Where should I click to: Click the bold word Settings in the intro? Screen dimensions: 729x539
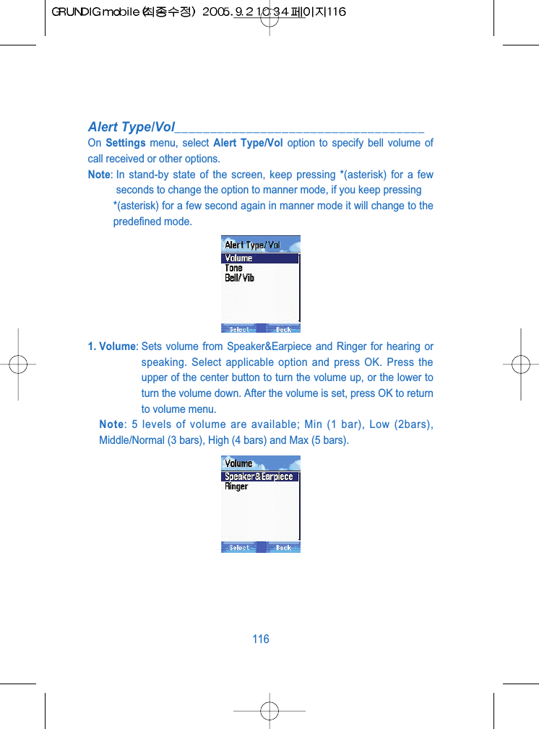pyautogui.click(x=126, y=143)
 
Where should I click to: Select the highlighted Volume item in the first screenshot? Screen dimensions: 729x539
pyautogui.click(x=239, y=258)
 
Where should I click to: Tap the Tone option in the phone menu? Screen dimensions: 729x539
pyautogui.click(x=234, y=268)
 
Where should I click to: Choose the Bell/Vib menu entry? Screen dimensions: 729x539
pyautogui.click(x=240, y=278)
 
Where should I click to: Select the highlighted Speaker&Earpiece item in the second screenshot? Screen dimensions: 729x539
pyautogui.click(x=259, y=476)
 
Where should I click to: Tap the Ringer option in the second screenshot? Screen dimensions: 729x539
pyautogui.click(x=236, y=486)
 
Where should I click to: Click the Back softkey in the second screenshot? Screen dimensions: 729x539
pyautogui.click(x=283, y=548)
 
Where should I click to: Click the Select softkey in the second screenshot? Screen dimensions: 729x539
pyautogui.click(x=239, y=548)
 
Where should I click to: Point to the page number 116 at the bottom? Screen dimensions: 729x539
pyautogui.click(x=261, y=639)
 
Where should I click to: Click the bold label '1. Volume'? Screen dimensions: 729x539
pyautogui.click(x=112, y=346)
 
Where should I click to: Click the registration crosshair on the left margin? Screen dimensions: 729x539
pyautogui.click(x=19, y=364)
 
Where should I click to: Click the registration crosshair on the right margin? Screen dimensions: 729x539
pyautogui.click(x=520, y=364)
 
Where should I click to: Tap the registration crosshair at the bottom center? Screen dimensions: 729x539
pyautogui.click(x=269, y=710)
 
